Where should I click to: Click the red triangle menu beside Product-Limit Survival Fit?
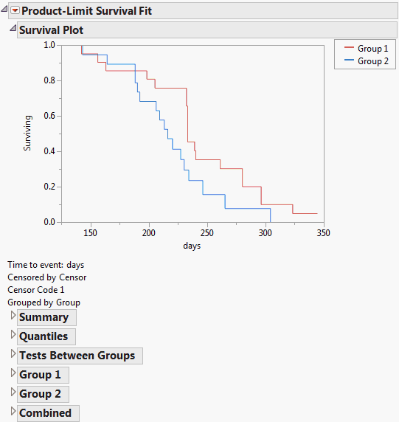[x=14, y=10]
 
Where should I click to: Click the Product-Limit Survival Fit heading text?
[x=87, y=11]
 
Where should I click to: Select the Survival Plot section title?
[x=51, y=30]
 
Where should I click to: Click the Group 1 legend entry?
[x=372, y=49]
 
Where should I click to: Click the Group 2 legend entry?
[x=372, y=61]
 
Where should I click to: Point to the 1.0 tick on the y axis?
[x=49, y=45]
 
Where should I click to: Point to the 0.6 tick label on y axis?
[x=49, y=116]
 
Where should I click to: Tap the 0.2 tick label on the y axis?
[x=49, y=187]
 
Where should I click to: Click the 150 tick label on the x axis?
[x=90, y=233]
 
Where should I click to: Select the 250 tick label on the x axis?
[x=207, y=233]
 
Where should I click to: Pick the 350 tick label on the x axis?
[x=322, y=233]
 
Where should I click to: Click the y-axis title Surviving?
[x=28, y=133]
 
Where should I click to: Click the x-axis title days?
[x=192, y=246]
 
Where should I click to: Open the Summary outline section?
[x=44, y=317]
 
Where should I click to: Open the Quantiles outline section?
[x=43, y=336]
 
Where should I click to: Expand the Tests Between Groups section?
[x=77, y=356]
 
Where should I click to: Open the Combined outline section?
[x=45, y=413]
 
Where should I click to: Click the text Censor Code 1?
[x=36, y=290]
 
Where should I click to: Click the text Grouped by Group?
[x=44, y=302]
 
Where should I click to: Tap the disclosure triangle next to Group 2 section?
[x=13, y=393]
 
